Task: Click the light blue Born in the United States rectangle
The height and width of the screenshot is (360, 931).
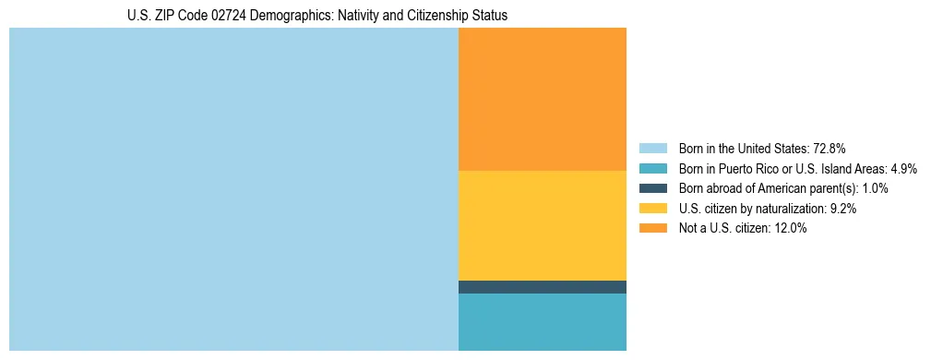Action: click(233, 189)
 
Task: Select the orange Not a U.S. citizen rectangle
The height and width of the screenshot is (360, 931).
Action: click(543, 99)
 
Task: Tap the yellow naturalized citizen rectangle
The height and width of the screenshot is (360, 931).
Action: click(543, 225)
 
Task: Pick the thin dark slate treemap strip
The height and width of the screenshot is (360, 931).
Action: click(543, 287)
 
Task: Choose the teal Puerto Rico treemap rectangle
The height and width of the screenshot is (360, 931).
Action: click(543, 322)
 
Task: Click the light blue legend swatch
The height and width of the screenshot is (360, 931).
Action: click(652, 148)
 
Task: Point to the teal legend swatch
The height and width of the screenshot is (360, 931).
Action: click(652, 168)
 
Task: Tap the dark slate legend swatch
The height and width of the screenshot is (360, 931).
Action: click(652, 188)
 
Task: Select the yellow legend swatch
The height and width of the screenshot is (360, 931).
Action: click(652, 209)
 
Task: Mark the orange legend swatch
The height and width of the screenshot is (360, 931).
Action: click(652, 229)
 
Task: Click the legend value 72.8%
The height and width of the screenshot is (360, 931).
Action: click(829, 148)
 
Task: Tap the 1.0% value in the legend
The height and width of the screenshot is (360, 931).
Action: click(876, 188)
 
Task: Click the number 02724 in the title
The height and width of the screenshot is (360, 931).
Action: click(228, 16)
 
